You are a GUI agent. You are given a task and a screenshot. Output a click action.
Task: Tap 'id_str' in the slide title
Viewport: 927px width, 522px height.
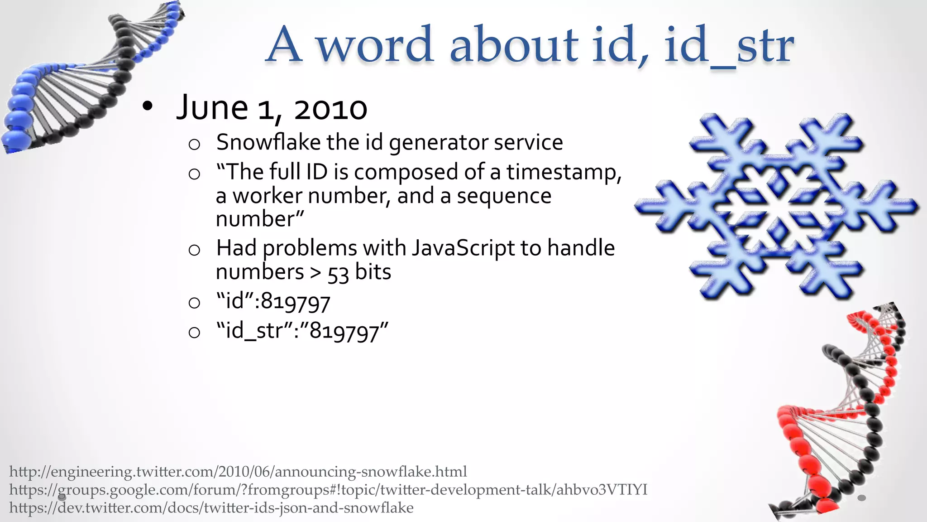tap(729, 45)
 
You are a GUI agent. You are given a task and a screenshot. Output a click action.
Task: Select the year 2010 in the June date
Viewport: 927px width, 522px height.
tap(330, 109)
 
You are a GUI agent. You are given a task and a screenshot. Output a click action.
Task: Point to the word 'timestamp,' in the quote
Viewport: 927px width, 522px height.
tap(564, 172)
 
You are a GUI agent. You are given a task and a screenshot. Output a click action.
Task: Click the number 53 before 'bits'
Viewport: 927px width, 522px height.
tap(338, 273)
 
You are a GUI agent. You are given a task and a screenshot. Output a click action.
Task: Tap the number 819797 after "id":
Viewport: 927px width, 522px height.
tap(296, 302)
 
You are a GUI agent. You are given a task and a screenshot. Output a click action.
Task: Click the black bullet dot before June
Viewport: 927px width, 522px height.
tap(147, 107)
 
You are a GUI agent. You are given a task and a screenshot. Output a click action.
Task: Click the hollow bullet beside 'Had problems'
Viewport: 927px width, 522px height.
tap(194, 250)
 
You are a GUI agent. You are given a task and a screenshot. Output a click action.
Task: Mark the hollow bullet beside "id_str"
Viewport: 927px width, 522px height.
tap(194, 333)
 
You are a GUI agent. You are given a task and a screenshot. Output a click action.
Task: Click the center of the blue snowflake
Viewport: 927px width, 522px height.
tap(777, 207)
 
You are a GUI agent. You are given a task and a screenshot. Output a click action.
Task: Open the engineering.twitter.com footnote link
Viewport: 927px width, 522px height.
tap(238, 472)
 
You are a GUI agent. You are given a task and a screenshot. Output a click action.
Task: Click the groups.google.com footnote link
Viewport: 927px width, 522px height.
tap(328, 490)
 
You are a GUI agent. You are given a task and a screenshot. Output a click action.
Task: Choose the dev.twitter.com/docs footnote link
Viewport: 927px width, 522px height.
tap(211, 507)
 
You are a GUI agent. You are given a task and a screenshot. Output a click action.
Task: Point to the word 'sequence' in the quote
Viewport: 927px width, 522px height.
tap(504, 196)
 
